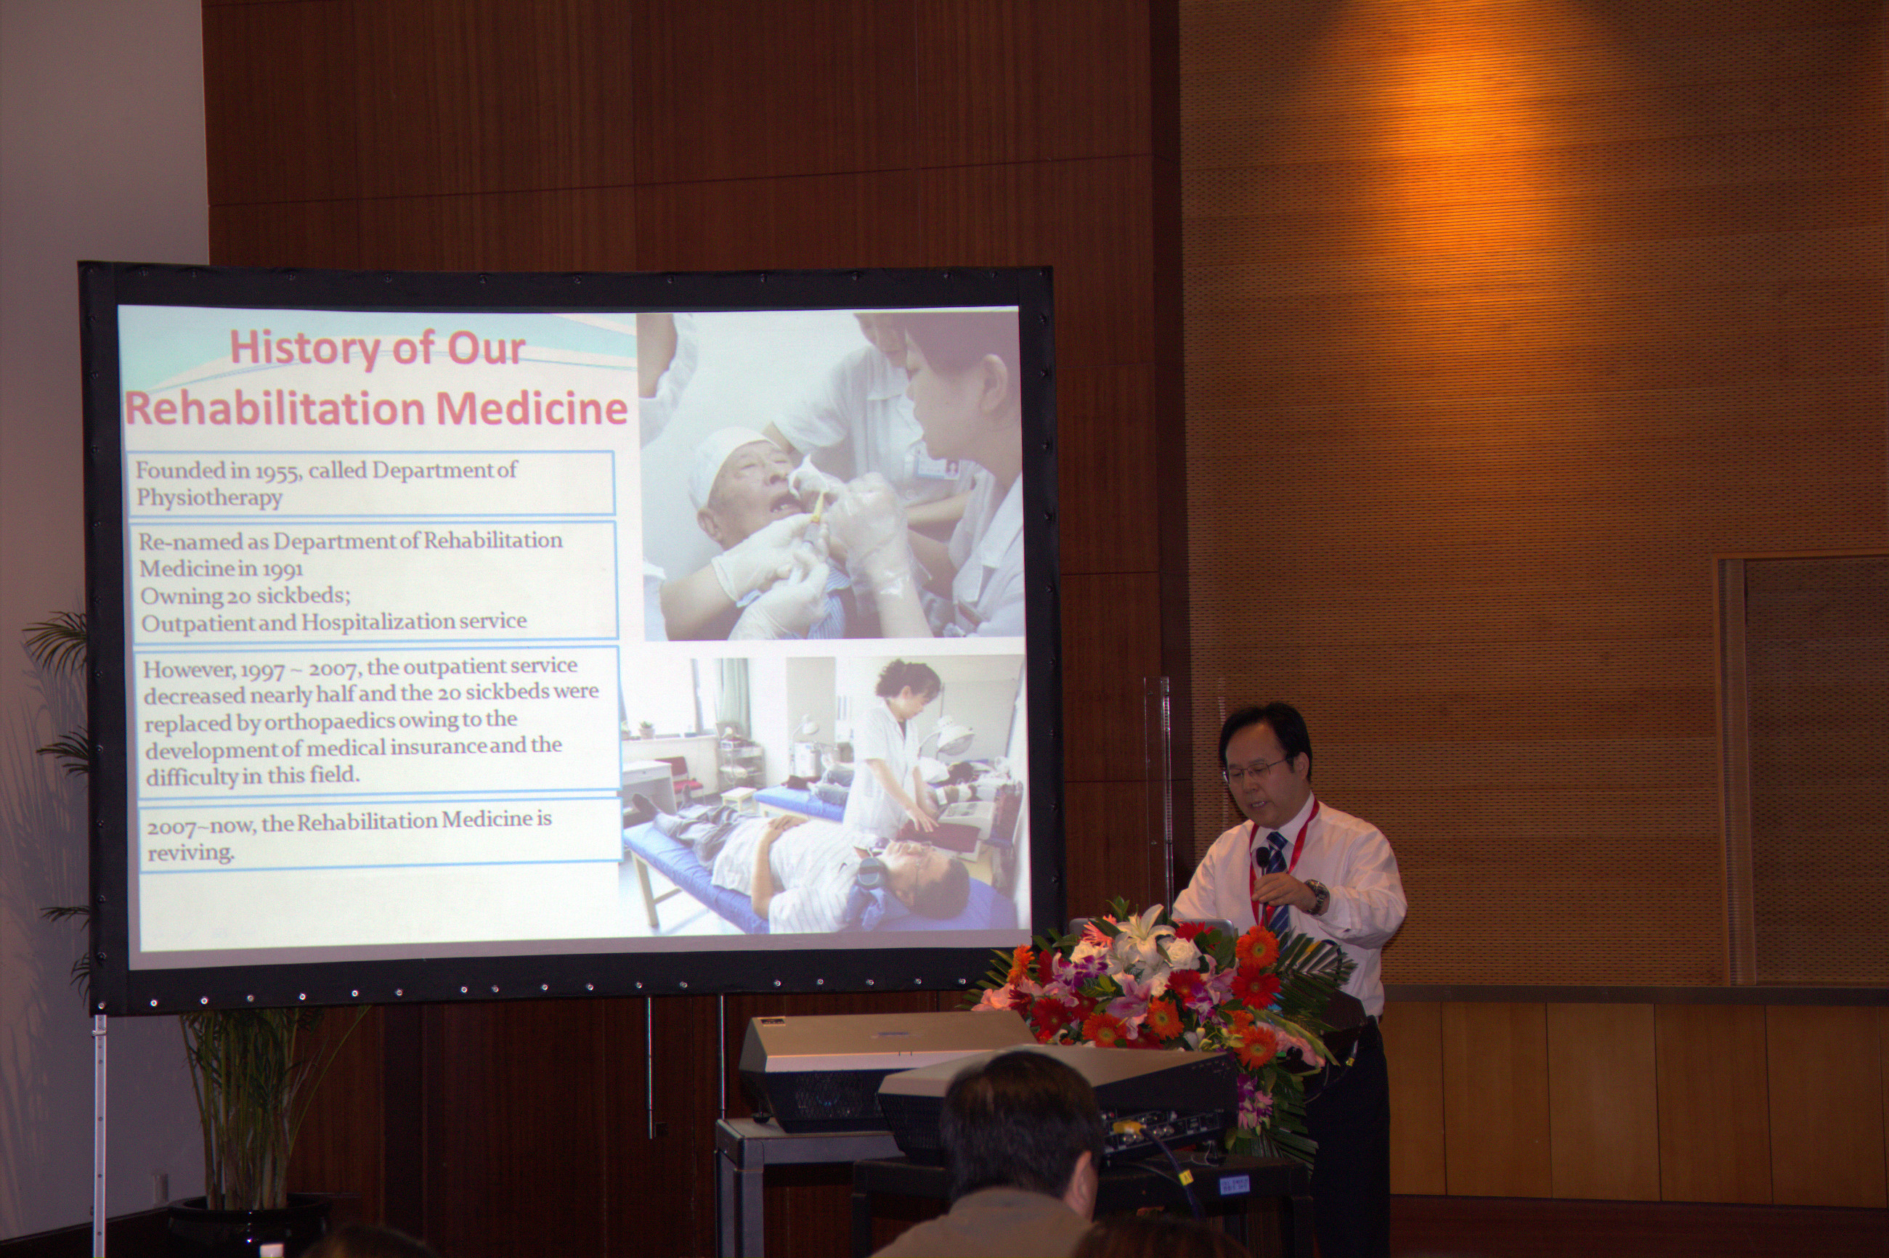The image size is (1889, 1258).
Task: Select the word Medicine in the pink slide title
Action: [x=530, y=409]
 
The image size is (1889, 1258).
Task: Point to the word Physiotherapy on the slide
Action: [x=209, y=498]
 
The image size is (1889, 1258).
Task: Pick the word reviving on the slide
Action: [x=190, y=854]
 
